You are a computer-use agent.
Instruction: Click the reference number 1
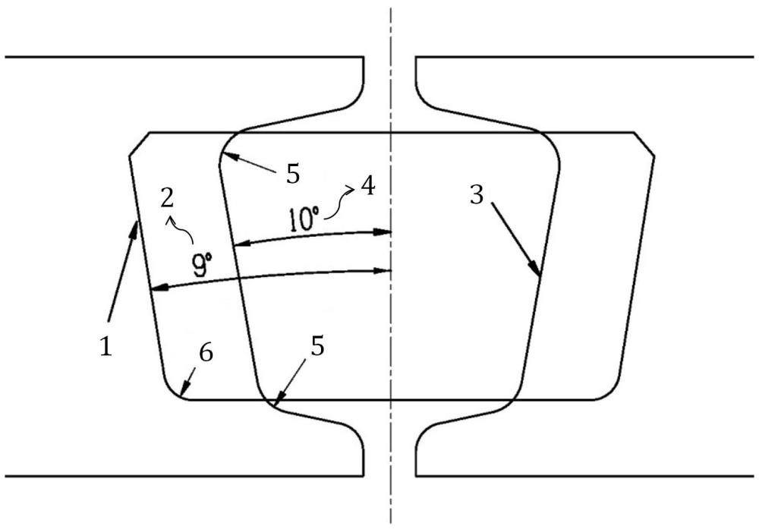tap(106, 347)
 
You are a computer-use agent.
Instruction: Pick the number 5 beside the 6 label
tap(317, 347)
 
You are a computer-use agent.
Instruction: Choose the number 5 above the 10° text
tap(292, 174)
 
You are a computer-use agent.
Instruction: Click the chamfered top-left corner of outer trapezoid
tap(137, 144)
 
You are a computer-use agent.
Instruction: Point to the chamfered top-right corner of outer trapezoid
tap(644, 143)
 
